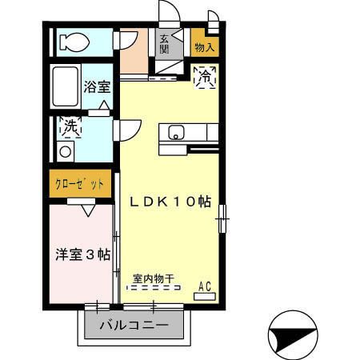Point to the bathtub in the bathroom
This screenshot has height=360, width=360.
(66, 85)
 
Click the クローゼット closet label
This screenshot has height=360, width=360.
(80, 184)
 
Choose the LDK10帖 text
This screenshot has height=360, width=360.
(170, 202)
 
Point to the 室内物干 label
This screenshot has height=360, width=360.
(154, 279)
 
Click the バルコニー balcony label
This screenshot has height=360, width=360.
(134, 326)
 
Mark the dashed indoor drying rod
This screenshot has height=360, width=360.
(154, 290)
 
